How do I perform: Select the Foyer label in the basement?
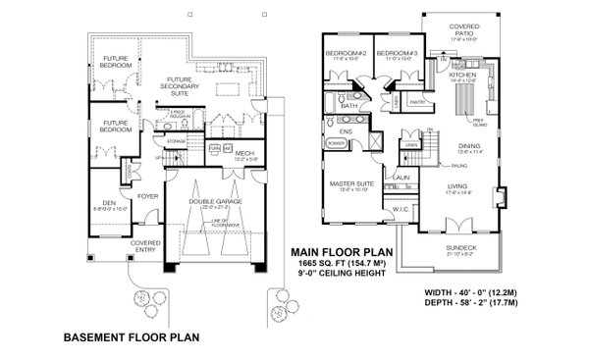(147, 195)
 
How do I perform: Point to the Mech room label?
(244, 153)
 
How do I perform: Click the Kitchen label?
(462, 75)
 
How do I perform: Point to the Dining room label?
(469, 145)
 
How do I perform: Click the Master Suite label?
(351, 183)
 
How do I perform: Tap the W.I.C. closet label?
(401, 208)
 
